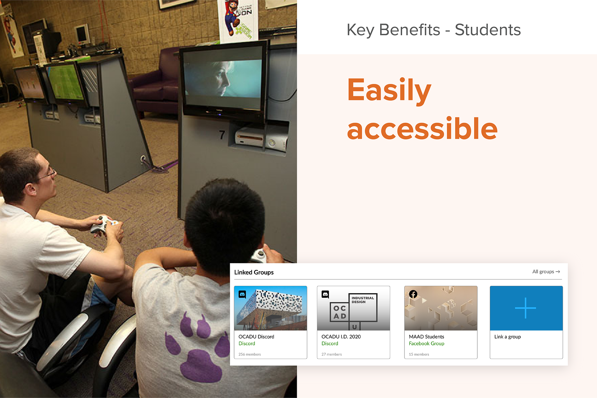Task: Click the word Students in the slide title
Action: coord(487,30)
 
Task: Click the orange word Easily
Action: coord(389,90)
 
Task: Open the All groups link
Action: coord(546,272)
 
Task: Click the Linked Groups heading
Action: coord(254,272)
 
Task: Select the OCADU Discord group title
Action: coord(256,337)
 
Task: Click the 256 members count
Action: coord(250,354)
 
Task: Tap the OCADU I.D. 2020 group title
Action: coord(341,337)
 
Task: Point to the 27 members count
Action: coord(332,354)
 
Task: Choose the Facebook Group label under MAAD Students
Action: coord(426,344)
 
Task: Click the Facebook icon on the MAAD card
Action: coord(413,294)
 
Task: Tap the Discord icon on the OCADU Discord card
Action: coord(242,294)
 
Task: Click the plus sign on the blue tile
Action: coord(526,308)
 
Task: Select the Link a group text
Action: coord(507,337)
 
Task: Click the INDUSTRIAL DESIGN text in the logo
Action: coord(363,300)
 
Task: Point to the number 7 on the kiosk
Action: coord(222,135)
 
